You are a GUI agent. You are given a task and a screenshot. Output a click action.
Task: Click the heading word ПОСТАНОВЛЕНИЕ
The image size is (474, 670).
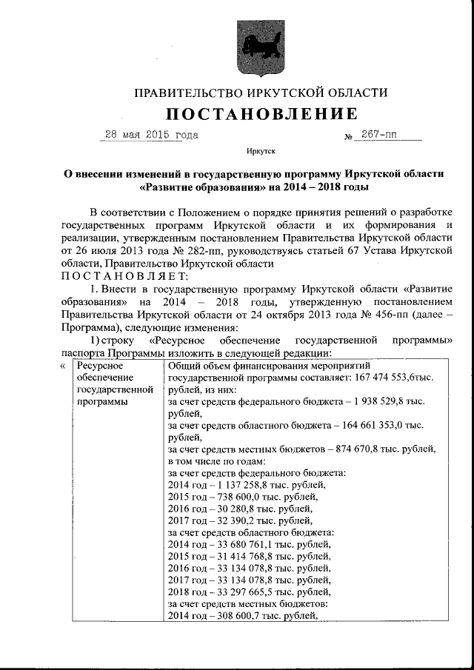pos(261,114)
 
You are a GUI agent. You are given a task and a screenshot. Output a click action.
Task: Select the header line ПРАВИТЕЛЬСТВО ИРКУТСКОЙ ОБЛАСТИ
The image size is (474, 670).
pos(261,93)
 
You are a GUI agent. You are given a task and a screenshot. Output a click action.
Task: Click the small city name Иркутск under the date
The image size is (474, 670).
pos(261,152)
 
